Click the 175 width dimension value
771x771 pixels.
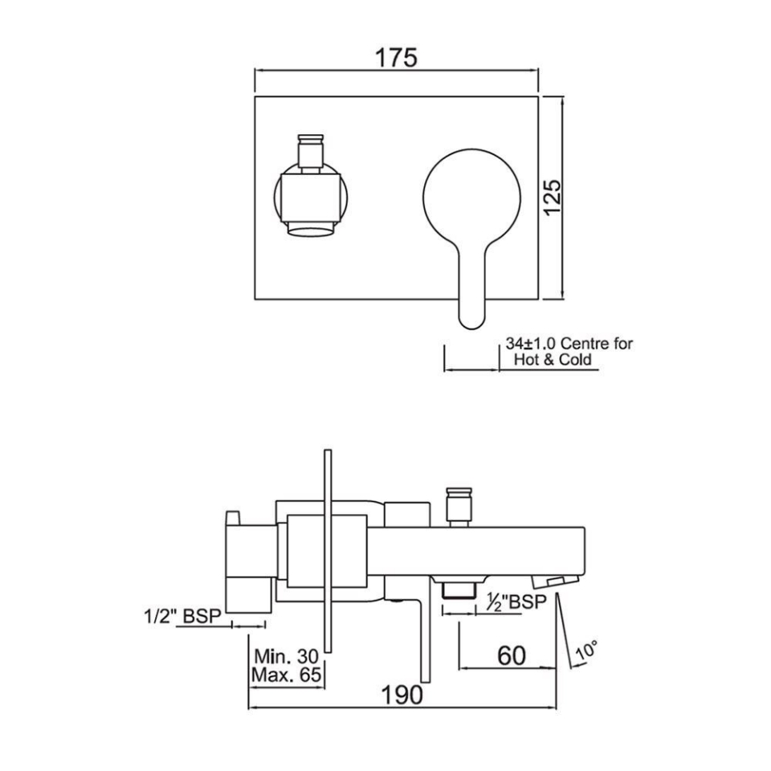[x=396, y=58]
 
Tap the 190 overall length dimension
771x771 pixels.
[x=402, y=695]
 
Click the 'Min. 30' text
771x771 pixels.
[x=285, y=655]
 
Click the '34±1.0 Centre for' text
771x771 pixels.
[x=569, y=344]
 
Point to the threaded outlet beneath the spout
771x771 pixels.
[x=457, y=590]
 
